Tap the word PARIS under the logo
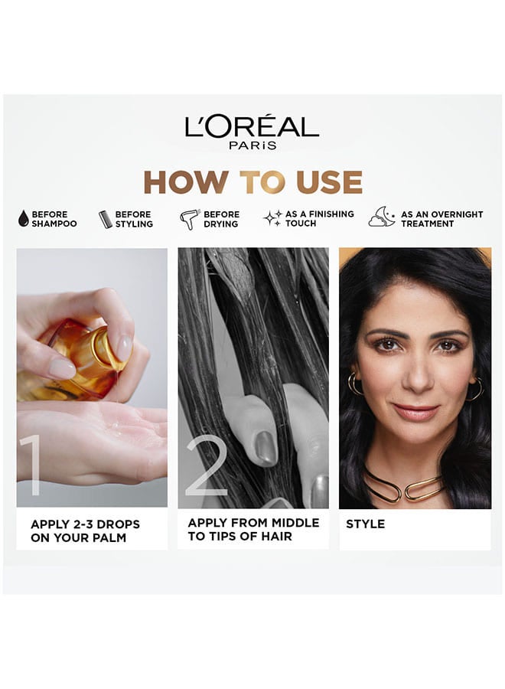tap(253, 145)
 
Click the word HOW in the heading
tap(185, 182)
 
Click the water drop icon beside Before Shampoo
tap(23, 218)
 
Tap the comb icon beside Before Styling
tap(105, 219)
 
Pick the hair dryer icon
tap(190, 219)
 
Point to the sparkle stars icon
tap(272, 218)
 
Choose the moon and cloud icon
tap(382, 217)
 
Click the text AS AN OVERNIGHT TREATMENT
tap(441, 219)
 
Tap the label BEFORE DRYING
tap(221, 219)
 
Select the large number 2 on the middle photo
tap(207, 465)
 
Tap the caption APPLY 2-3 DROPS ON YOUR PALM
tap(85, 531)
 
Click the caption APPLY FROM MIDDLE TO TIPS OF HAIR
tap(253, 530)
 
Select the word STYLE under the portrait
tap(365, 524)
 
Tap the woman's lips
tap(415, 411)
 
